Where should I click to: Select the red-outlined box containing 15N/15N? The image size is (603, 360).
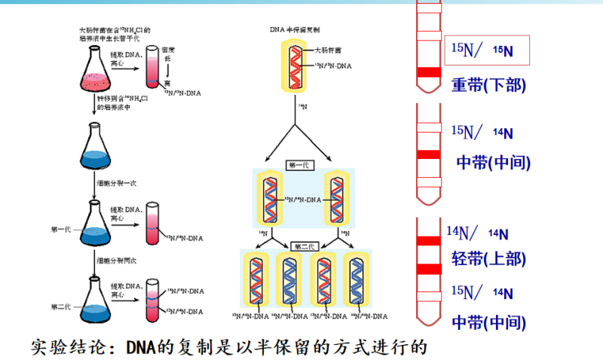point(488,50)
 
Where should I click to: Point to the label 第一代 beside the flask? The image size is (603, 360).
point(61,228)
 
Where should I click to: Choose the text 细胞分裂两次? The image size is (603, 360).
point(115,260)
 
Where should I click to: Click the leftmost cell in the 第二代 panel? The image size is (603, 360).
point(256,279)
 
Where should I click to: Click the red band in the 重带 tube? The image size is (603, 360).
point(428,72)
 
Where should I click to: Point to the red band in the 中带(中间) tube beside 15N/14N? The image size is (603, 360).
point(428,154)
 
